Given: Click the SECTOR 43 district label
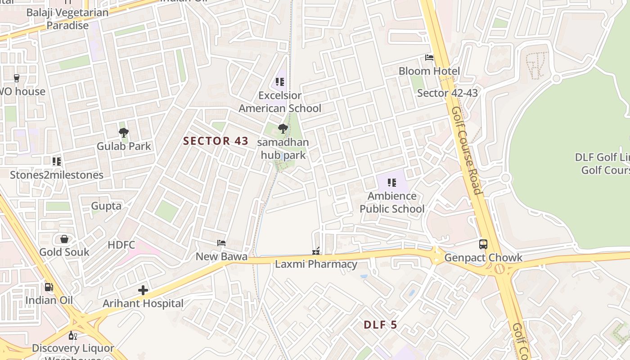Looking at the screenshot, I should click(x=216, y=141).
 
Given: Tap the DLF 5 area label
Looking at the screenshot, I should click(x=380, y=324).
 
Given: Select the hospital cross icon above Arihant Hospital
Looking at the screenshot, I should click(x=143, y=290).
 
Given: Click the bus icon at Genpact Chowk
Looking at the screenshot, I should click(x=483, y=244).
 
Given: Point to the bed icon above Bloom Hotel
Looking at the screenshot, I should click(x=429, y=58).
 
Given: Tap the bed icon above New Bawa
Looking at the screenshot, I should click(x=221, y=243).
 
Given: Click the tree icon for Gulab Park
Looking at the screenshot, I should click(x=124, y=132).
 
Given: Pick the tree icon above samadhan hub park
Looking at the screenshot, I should click(x=283, y=129).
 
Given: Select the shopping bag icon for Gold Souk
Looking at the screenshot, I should click(x=64, y=238).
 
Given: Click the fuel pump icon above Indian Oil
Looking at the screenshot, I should click(x=49, y=287).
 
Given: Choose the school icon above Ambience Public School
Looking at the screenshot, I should click(x=392, y=183).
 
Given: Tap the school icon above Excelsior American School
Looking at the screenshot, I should click(x=280, y=82).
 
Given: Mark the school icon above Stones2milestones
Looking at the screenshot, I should click(x=57, y=161).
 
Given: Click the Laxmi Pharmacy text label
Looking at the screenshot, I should click(x=316, y=264).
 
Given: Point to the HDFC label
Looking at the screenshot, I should click(x=121, y=245).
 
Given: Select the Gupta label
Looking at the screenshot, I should click(x=106, y=206).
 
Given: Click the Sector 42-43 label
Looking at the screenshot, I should click(x=447, y=93).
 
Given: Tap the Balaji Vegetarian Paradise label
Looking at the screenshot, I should click(x=67, y=19).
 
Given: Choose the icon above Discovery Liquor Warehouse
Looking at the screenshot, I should click(x=73, y=335).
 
